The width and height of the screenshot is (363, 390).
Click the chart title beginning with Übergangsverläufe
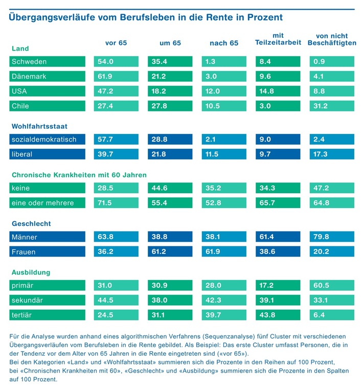(x=146, y=17)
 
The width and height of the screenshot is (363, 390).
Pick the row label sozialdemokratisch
(x=43, y=139)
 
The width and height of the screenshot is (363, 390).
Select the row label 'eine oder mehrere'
(x=42, y=203)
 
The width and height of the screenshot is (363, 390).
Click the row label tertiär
(x=21, y=315)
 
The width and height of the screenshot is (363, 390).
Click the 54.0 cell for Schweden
(x=105, y=62)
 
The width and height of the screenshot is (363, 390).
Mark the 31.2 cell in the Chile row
(x=321, y=106)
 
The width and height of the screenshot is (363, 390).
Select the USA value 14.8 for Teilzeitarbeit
(x=267, y=91)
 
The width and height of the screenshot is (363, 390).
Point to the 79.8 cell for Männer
(x=321, y=237)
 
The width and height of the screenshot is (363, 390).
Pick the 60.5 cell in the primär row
(x=321, y=286)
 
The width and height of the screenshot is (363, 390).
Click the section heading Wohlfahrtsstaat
(x=39, y=126)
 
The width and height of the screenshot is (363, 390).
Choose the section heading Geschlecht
(x=31, y=224)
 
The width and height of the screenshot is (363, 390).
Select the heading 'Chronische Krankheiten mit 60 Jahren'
(x=79, y=175)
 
